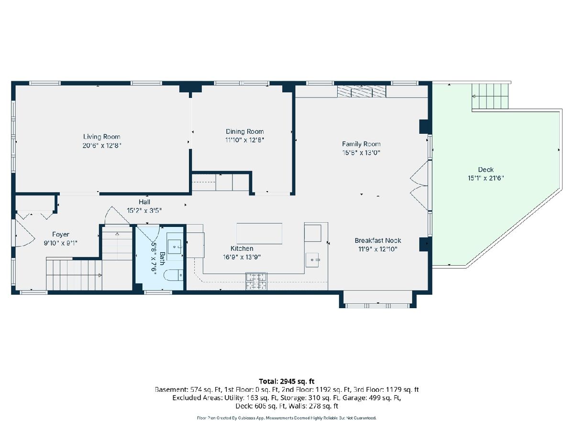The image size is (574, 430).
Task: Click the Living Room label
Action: click(102, 137)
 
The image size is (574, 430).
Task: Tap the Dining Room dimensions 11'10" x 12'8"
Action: click(244, 140)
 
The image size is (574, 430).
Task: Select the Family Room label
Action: click(361, 144)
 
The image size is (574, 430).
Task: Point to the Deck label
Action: click(486, 170)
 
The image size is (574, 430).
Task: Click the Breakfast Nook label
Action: click(378, 240)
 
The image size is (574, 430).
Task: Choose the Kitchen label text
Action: click(242, 248)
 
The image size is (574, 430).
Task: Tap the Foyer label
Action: click(61, 235)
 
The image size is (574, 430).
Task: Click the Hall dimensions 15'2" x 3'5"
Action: click(144, 210)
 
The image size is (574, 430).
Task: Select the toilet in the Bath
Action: click(173, 275)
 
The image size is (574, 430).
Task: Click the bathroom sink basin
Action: click(174, 247)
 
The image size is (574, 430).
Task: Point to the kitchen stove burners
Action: click(256, 281)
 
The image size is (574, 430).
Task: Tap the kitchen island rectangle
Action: click(259, 234)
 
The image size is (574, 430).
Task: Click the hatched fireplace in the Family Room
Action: click(362, 91)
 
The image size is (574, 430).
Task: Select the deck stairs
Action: click(490, 96)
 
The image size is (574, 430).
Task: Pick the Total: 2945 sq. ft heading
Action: click(287, 381)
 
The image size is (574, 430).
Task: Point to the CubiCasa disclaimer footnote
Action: click(287, 418)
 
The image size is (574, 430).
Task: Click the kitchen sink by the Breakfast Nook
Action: click(312, 260)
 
